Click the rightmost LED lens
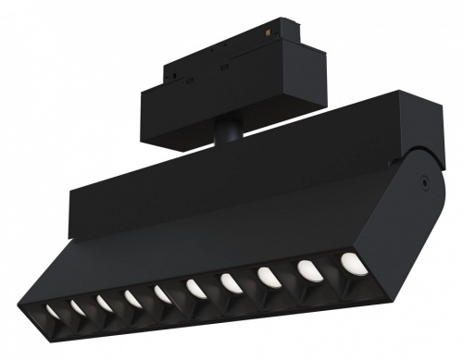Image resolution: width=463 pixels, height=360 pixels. pyautogui.click(x=349, y=263)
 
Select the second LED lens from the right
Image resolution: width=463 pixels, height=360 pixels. pyautogui.click(x=307, y=270)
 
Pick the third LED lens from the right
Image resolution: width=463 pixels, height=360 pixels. pyautogui.click(x=267, y=277)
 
